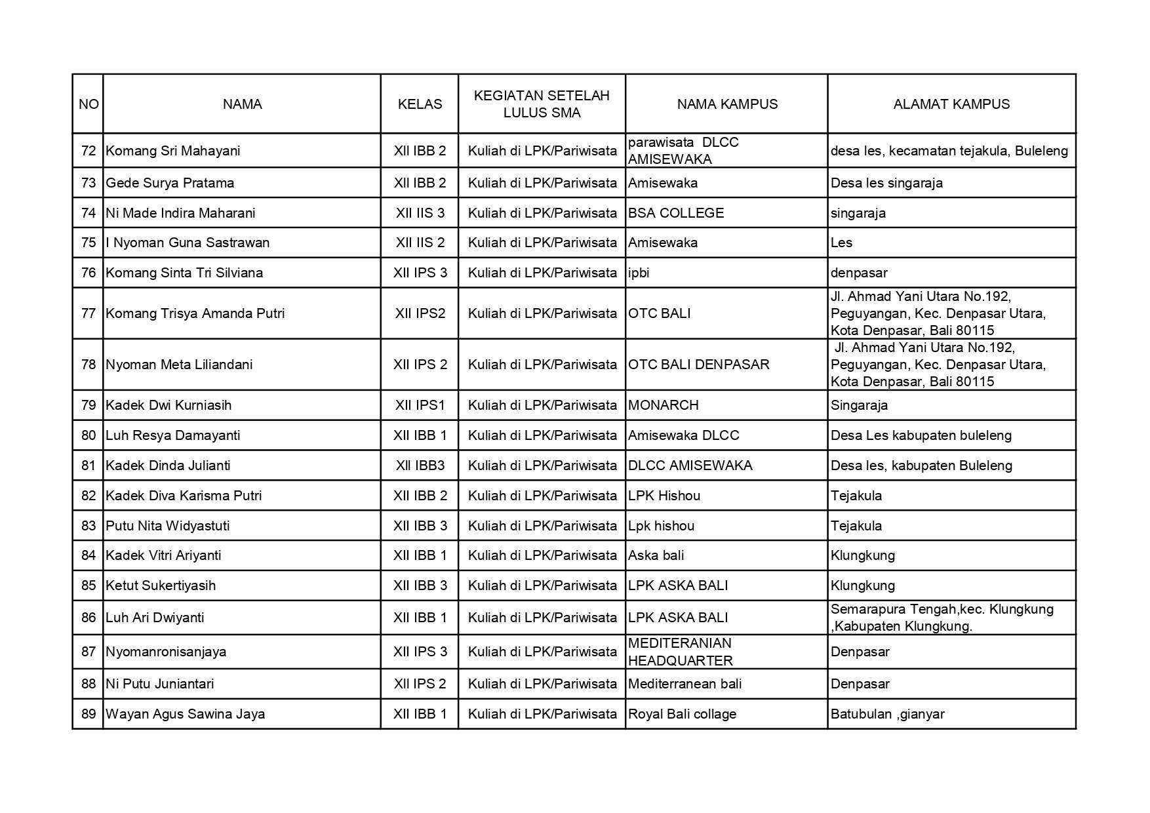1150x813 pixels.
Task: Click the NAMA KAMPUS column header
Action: pos(727,104)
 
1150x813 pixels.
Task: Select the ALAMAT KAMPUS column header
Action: pos(951,104)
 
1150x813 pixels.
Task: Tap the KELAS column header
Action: pos(420,104)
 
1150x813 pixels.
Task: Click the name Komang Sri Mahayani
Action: pos(173,151)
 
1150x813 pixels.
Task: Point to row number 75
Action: pos(89,243)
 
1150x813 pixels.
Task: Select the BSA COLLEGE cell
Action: pos(676,213)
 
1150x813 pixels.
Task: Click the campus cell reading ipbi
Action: pos(639,273)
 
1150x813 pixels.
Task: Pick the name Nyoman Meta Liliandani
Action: pos(179,365)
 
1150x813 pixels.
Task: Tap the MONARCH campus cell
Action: pos(664,405)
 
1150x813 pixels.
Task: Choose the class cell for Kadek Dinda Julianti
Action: pos(420,466)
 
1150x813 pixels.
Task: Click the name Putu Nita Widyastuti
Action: pos(168,526)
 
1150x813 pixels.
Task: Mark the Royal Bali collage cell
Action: pos(682,714)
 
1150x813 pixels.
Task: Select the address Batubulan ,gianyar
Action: pos(887,714)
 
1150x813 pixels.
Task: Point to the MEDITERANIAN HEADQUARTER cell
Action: pos(680,652)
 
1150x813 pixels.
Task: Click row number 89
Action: pos(89,714)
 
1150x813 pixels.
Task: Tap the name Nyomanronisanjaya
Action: pos(166,652)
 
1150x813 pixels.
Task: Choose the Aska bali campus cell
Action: pos(656,555)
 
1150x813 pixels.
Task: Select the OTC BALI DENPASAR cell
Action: pos(699,365)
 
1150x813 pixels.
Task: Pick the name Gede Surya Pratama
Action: pos(170,183)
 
